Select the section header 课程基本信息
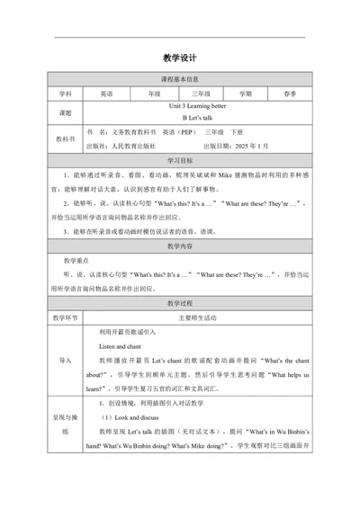point(180,80)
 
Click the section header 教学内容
point(180,246)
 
